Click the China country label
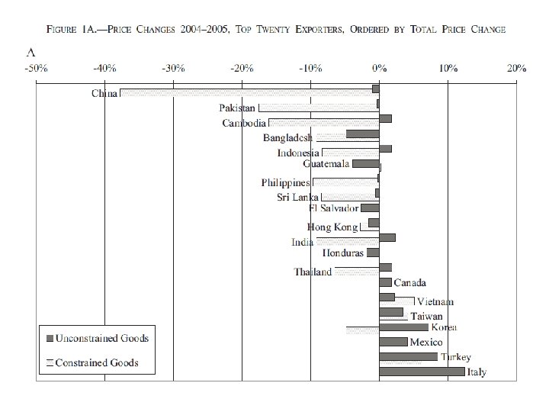104,95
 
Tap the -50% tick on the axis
37,68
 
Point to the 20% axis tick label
516,68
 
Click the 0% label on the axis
380,68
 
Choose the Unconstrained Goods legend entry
97,338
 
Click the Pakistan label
237,108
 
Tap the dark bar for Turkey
408,356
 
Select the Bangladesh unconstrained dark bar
362,134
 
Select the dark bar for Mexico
393,342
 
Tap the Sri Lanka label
297,197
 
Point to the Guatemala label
326,164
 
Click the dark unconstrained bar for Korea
403,327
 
